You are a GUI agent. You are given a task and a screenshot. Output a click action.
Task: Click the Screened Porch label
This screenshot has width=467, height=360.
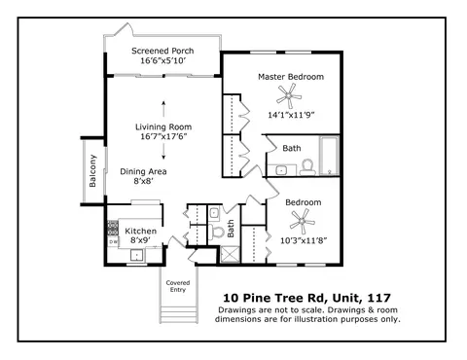coord(162,51)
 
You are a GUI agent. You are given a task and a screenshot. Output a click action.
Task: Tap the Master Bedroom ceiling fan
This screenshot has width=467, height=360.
coord(289,95)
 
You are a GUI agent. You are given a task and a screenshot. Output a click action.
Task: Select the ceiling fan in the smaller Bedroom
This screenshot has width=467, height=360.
coord(303,222)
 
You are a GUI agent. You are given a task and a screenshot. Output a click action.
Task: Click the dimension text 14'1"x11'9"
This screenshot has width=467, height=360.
coord(291,115)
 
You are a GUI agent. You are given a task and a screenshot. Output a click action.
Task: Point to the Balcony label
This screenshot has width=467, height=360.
coord(92,171)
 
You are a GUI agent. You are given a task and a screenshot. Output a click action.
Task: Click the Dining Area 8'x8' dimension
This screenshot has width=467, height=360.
coord(143,181)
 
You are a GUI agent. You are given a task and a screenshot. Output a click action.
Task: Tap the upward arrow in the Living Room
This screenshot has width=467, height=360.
coord(163,109)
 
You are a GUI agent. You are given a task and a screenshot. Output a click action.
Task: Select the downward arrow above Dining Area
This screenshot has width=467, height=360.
coord(163,152)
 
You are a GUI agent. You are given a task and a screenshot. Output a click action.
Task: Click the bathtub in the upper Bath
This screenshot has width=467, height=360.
coord(329,156)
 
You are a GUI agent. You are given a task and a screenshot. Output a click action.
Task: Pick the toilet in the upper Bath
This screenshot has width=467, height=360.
coord(307,167)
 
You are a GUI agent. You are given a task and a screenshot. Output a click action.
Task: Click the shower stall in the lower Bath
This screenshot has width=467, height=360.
coord(230,255)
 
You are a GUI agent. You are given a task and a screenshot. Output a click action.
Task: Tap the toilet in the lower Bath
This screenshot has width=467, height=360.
coord(216,232)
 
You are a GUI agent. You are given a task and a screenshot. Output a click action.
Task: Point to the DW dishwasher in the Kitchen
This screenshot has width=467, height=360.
coord(113,241)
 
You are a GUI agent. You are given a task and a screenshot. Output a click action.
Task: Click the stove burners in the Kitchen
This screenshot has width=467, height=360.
coord(113,228)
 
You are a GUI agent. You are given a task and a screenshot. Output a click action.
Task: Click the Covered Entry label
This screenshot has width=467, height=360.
coord(178,286)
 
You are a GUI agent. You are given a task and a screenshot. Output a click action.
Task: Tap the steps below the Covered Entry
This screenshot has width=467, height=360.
coord(178,314)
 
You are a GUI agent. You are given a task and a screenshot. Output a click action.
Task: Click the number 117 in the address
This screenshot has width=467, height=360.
coord(379,298)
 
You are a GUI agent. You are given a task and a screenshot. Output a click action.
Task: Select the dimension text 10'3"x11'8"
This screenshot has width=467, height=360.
coord(304,240)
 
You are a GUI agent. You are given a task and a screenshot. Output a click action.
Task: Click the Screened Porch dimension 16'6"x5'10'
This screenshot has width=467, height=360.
coord(162,60)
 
